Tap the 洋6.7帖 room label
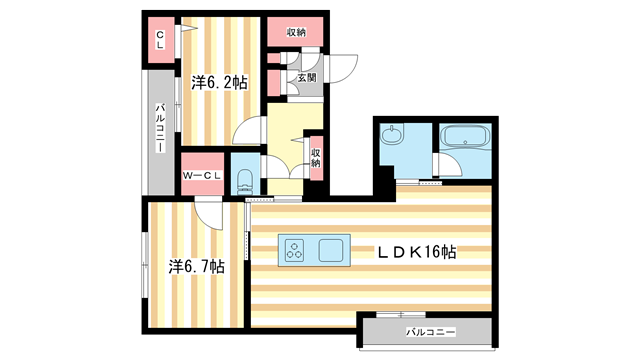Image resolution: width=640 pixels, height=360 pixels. point(196,267)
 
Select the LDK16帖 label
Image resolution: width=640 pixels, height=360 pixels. point(416,252)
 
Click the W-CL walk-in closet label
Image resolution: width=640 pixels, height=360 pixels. point(201,177)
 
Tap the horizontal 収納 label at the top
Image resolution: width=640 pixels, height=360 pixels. point(296,33)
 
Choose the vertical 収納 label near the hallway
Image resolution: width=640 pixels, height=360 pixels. point(315,157)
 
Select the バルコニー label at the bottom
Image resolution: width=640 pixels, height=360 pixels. point(431,330)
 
